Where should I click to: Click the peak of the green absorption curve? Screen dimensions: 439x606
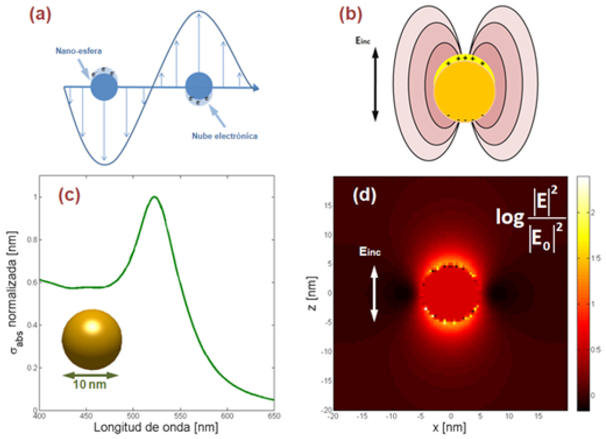pyautogui.click(x=155, y=197)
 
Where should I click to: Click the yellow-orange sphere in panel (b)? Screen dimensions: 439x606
pyautogui.click(x=464, y=89)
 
